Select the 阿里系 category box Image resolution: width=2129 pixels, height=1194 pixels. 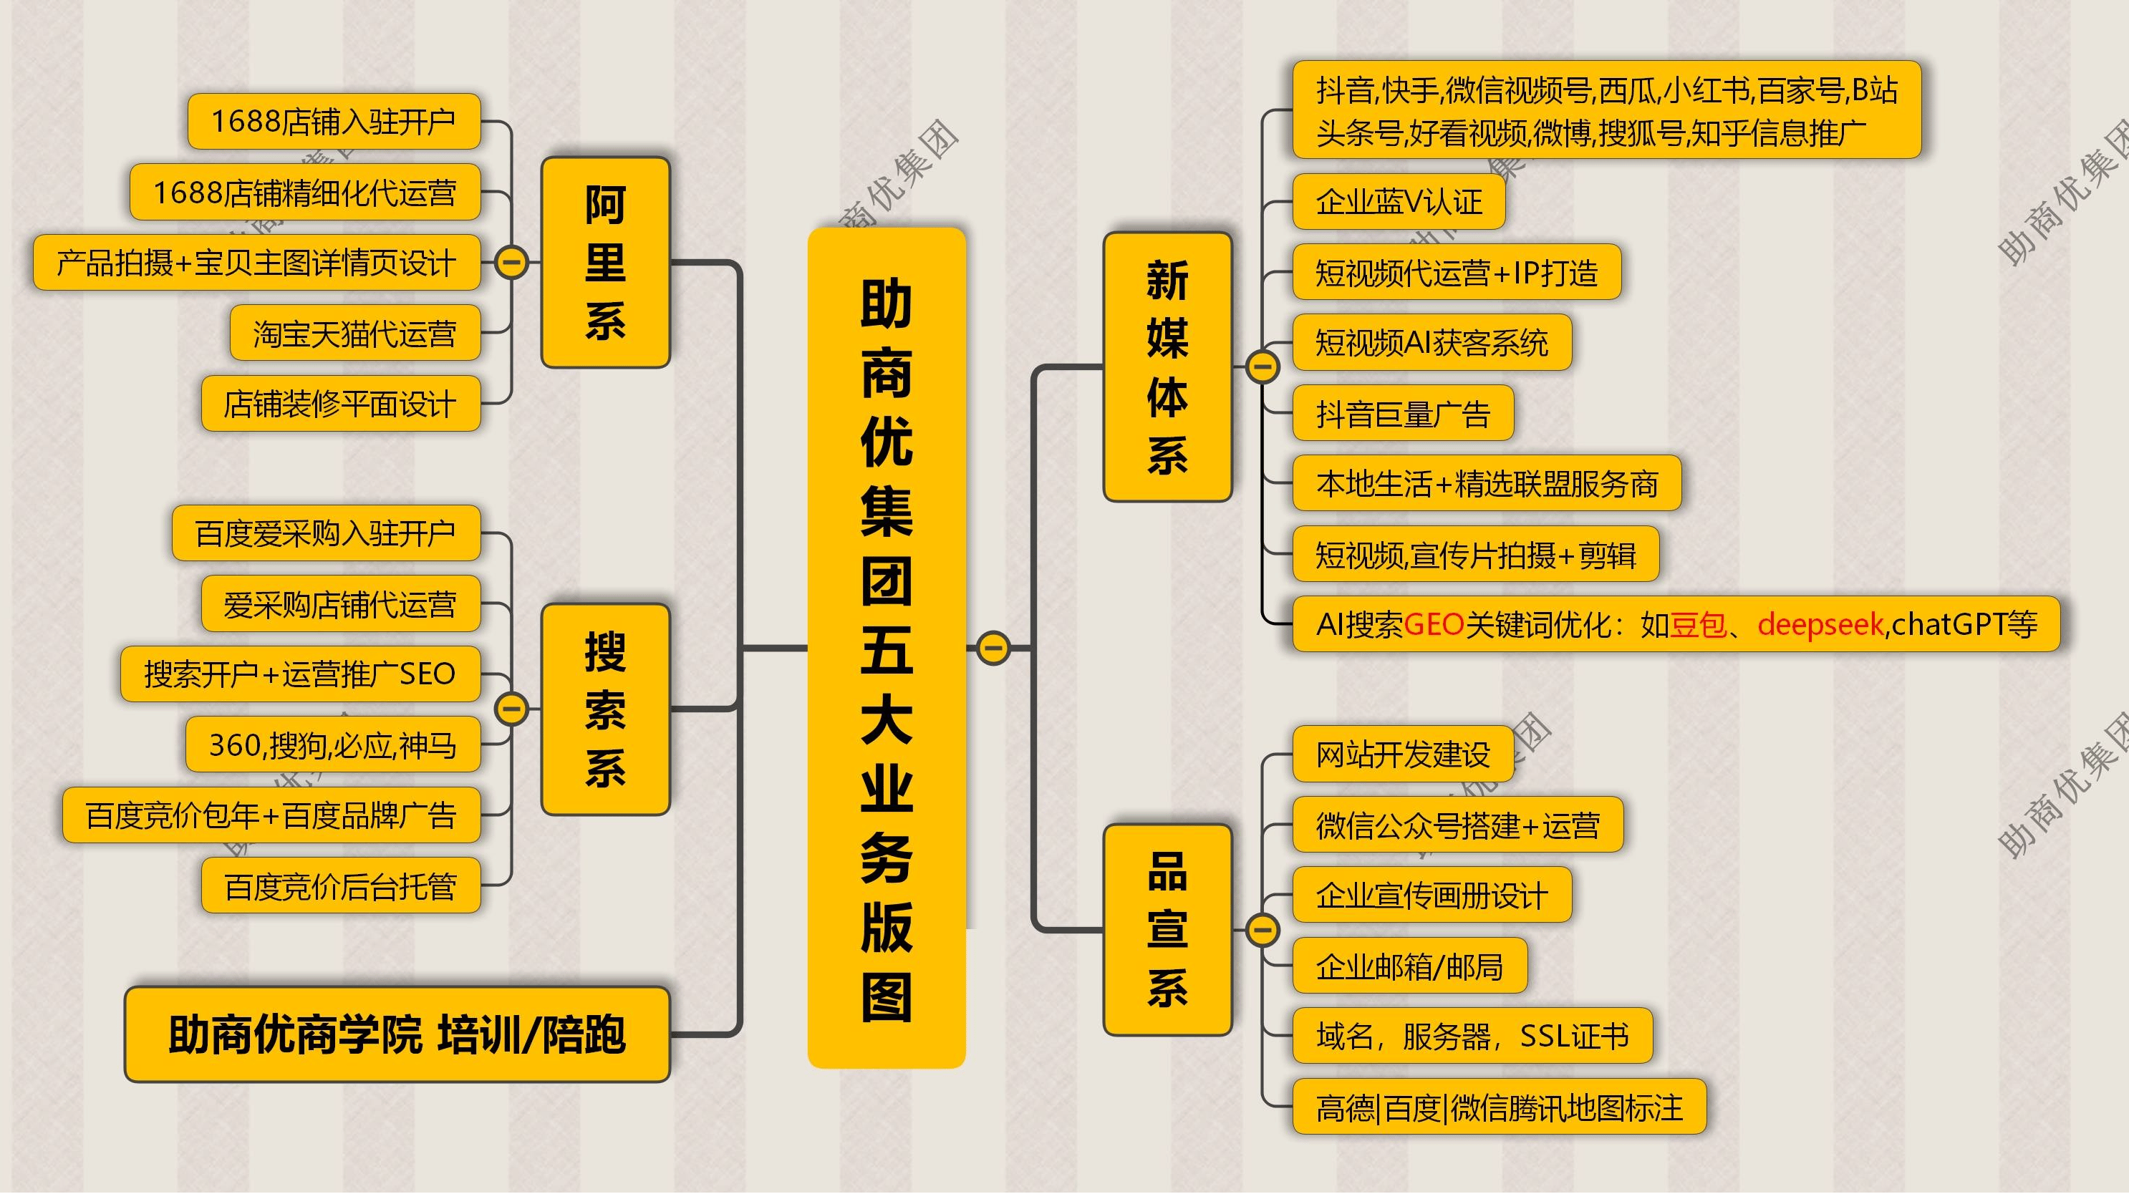[605, 262]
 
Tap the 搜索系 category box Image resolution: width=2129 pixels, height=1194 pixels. [605, 709]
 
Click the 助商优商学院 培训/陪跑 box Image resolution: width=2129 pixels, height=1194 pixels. [397, 1034]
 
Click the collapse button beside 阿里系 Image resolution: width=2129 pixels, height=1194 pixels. [511, 263]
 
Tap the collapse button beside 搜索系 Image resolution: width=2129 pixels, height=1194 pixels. [511, 709]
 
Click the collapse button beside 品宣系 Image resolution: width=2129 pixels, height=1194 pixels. [1262, 930]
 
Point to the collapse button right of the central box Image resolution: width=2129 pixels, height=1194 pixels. [993, 648]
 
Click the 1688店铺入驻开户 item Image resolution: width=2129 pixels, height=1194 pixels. [334, 122]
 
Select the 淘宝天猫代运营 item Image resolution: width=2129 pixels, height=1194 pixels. [354, 333]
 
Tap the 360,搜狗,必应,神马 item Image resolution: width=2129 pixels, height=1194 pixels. [332, 744]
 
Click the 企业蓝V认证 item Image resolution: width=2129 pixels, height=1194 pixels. [1399, 202]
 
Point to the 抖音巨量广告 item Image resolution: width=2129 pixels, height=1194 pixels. [1403, 413]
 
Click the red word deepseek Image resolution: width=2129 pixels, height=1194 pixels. [1820, 624]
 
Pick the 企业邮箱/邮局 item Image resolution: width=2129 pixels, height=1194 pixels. [1409, 966]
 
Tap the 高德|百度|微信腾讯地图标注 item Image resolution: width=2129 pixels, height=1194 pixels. [1498, 1107]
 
